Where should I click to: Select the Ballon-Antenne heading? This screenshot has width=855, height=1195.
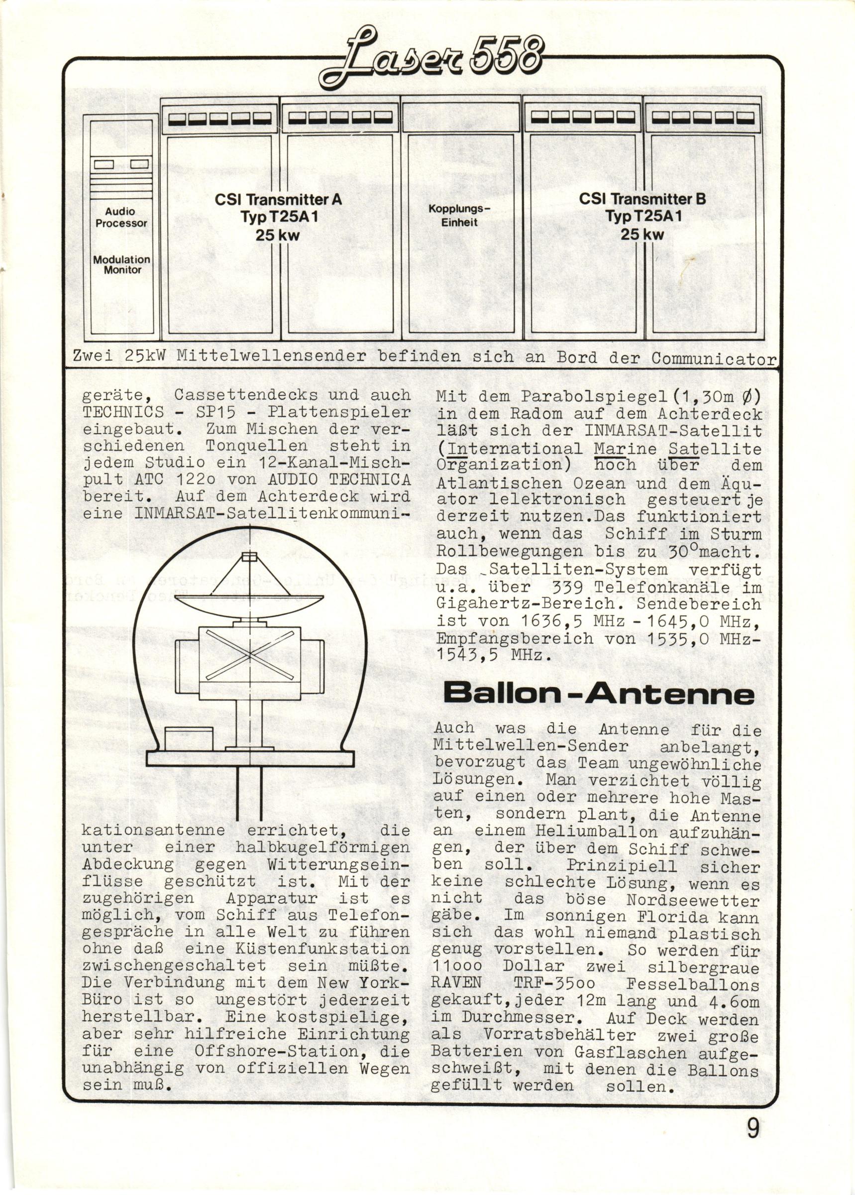[599, 694]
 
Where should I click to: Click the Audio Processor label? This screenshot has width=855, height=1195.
[121, 217]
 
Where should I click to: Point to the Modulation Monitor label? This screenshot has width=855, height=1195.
[121, 264]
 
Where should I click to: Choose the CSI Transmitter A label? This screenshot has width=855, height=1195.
[278, 216]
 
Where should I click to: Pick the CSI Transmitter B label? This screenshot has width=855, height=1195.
[642, 216]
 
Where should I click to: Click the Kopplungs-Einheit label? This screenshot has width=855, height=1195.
[459, 216]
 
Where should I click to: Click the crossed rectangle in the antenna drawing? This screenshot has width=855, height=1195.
[249, 656]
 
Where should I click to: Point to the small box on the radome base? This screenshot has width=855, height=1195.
[189, 738]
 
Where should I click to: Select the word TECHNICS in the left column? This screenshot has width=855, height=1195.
[123, 412]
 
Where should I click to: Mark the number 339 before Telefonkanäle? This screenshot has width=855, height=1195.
[560, 587]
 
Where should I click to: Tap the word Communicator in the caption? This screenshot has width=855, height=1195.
[713, 358]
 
